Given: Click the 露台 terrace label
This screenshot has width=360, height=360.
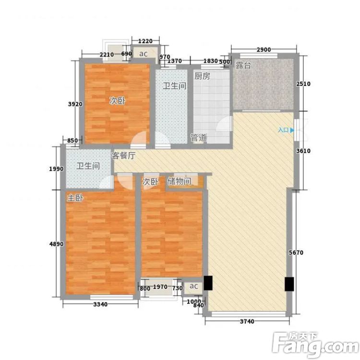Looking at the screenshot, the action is (x=243, y=65).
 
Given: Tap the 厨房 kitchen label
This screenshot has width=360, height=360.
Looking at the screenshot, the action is (x=202, y=76).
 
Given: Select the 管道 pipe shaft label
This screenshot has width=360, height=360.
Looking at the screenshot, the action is (x=199, y=138).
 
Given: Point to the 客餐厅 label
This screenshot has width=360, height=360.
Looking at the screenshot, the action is (x=123, y=156).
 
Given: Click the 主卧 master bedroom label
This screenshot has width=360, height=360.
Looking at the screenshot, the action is (x=75, y=198).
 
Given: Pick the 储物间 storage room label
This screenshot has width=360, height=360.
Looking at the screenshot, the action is (x=180, y=181).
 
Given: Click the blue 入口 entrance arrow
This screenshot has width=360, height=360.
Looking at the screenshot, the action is (x=292, y=130).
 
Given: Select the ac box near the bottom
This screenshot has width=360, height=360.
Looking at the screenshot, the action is (x=193, y=286).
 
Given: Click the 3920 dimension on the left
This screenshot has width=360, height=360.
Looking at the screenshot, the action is (x=75, y=104).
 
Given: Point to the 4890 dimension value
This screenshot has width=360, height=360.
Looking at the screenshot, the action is (x=56, y=244).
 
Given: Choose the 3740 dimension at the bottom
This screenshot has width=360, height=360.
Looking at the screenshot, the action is (x=247, y=322).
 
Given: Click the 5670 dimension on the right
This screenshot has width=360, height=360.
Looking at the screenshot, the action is (x=296, y=253).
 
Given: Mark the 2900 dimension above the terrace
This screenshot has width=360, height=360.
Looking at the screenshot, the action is (x=264, y=49).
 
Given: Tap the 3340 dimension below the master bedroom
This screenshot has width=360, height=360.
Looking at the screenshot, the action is (x=100, y=304).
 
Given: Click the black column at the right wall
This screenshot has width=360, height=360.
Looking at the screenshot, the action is (x=289, y=284).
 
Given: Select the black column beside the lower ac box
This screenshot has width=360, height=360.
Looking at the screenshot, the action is (x=208, y=283).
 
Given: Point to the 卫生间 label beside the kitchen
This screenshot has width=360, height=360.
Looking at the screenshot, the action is (x=174, y=86).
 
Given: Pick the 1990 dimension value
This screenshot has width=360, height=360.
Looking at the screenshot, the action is (x=56, y=169).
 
